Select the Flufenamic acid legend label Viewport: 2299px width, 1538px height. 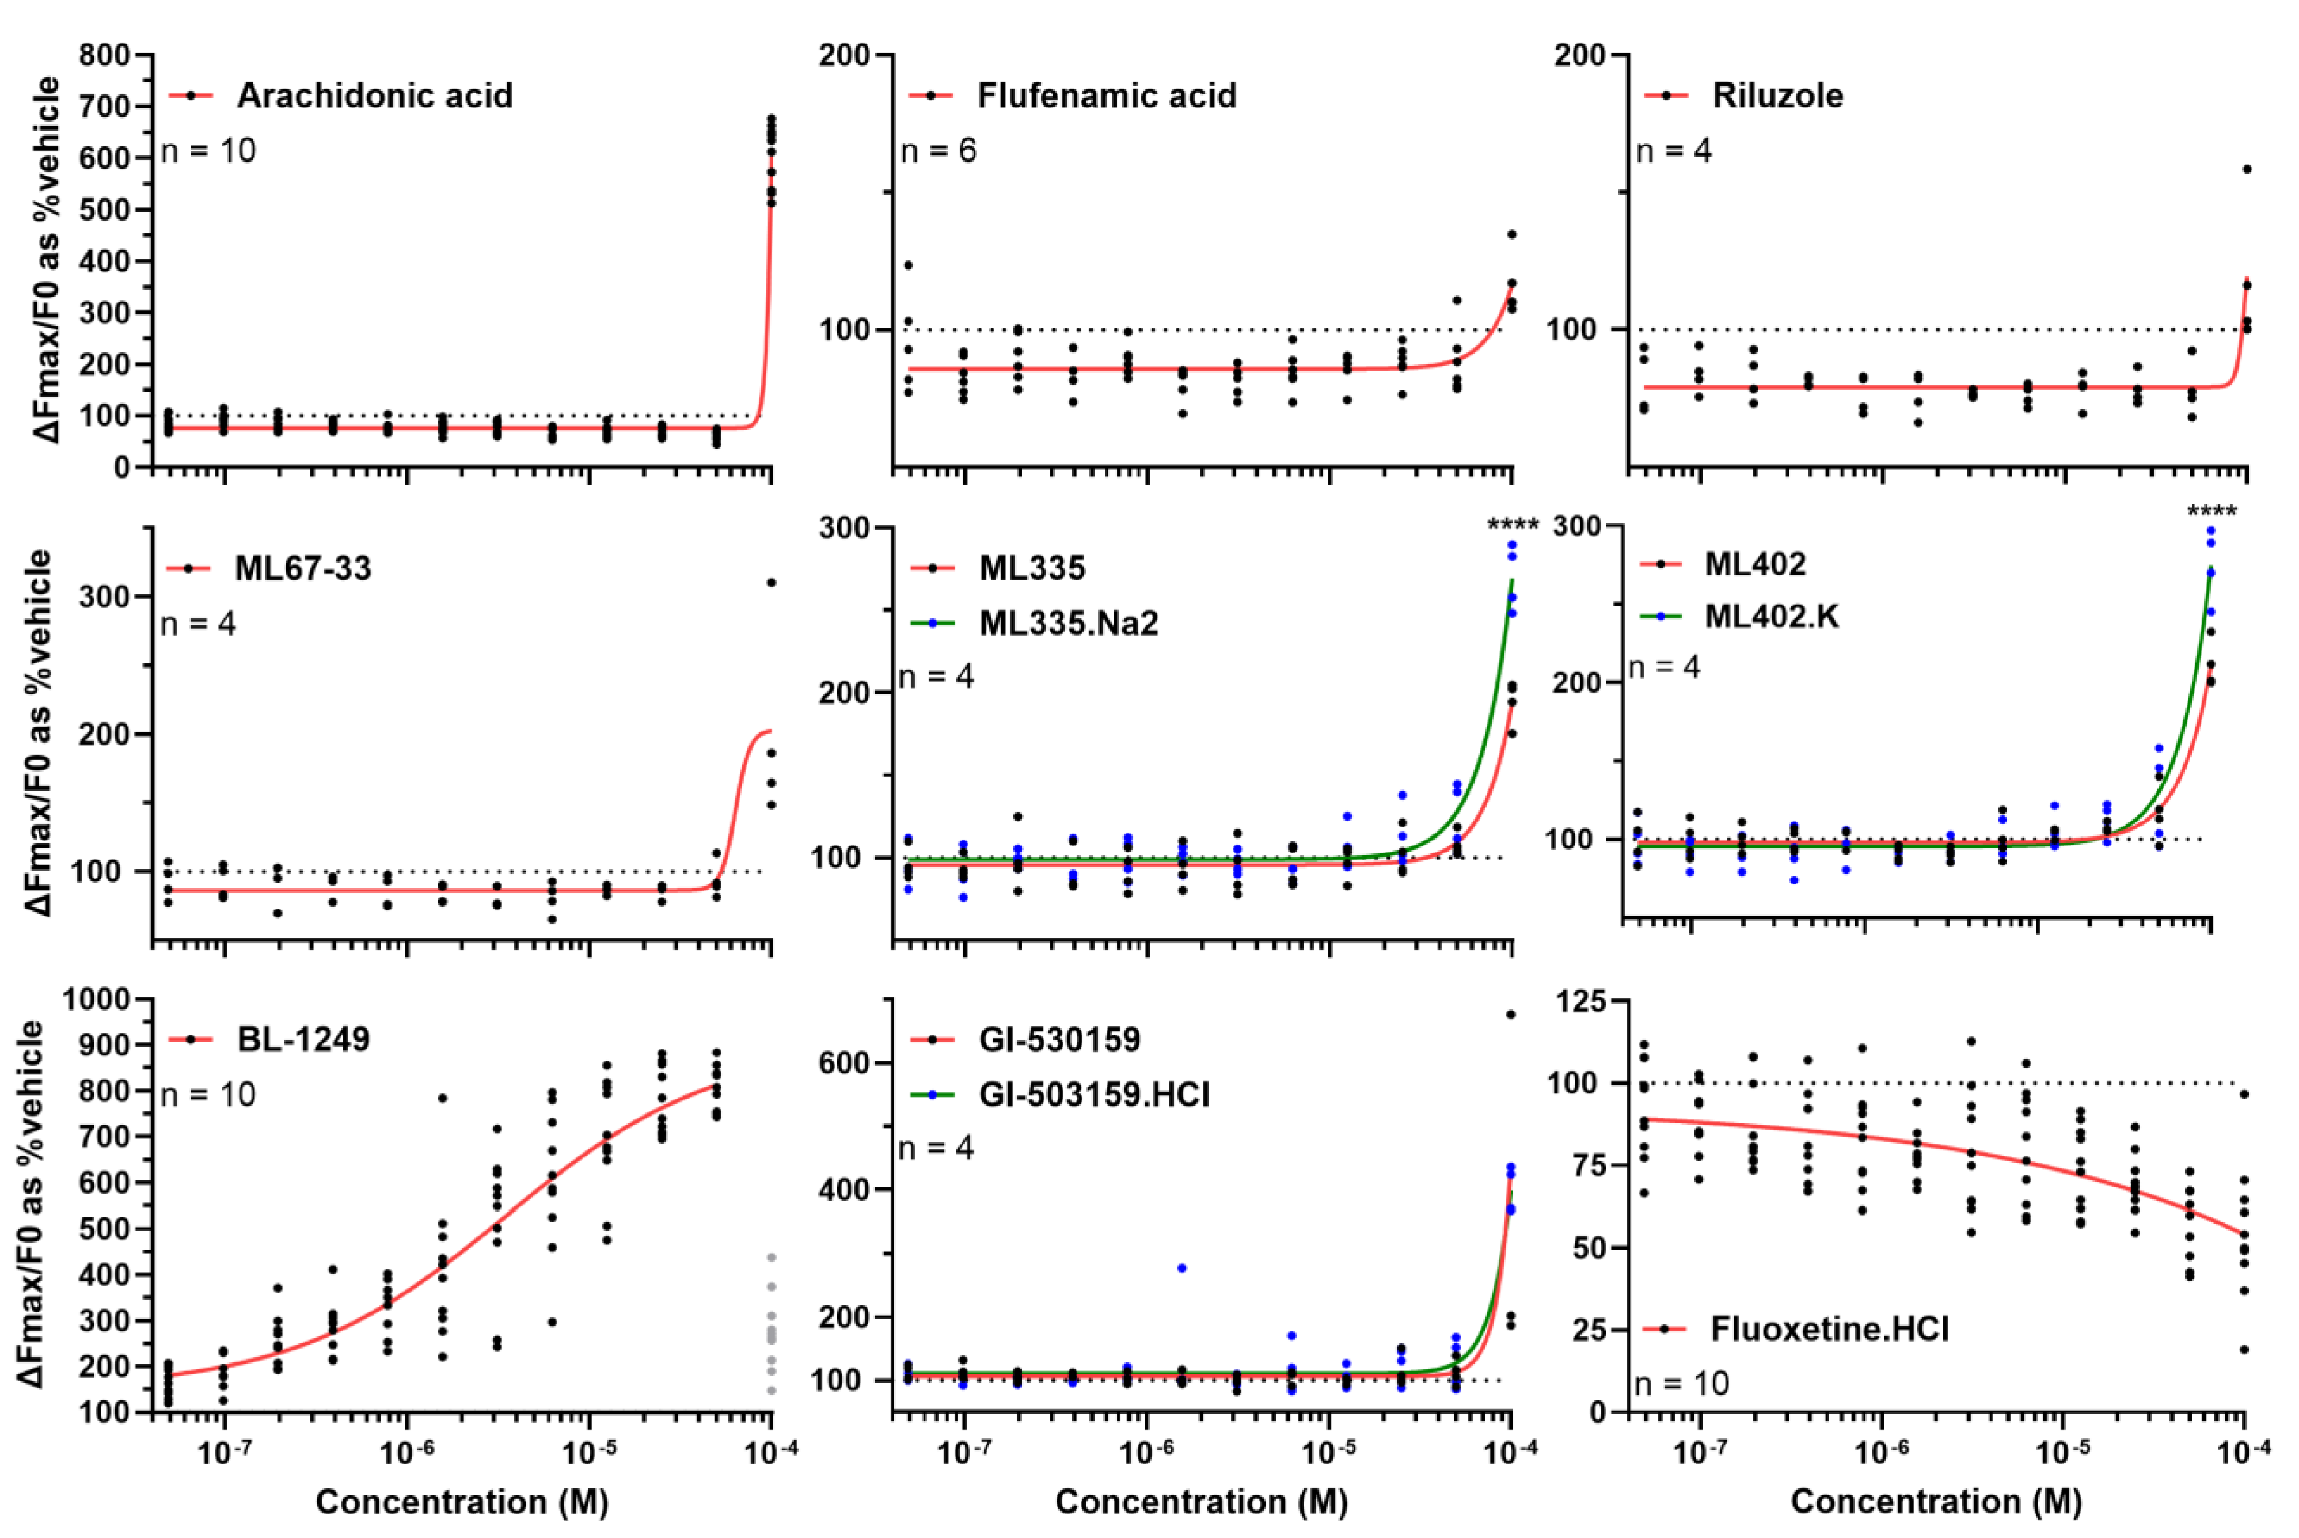coord(1107,95)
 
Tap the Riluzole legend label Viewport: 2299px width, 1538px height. coord(1777,95)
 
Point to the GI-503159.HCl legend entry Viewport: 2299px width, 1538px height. coord(1093,1093)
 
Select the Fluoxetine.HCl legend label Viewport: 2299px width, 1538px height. coord(1829,1329)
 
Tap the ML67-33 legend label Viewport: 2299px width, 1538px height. coord(302,568)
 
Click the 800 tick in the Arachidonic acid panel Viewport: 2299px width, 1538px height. coord(105,55)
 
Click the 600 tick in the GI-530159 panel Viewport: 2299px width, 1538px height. coord(845,1062)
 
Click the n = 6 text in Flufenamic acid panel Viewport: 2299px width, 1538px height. coord(938,150)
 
